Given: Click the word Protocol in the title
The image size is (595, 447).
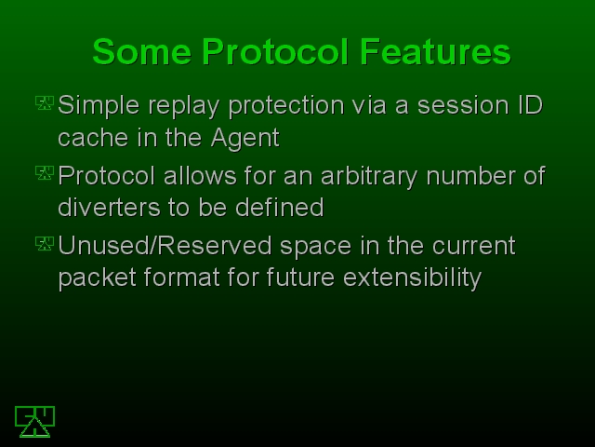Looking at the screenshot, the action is [x=275, y=52].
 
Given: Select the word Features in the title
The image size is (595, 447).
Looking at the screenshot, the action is [x=435, y=52].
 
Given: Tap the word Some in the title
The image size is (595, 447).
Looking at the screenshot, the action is [x=141, y=52].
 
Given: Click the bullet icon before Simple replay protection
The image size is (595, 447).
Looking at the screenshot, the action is [x=45, y=103].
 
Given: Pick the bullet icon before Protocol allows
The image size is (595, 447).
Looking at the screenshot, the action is [x=45, y=173].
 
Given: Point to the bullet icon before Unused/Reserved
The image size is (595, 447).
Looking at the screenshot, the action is [x=45, y=244].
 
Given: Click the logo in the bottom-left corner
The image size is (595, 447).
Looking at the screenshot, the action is [x=35, y=422].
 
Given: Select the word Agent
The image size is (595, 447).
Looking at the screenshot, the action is [x=245, y=138].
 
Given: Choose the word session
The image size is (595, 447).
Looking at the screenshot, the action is [x=463, y=105].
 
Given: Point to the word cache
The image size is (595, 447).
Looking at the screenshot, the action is [x=93, y=137].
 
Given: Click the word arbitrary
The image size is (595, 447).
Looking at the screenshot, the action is [x=369, y=177].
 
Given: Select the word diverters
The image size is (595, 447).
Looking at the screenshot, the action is [x=109, y=207].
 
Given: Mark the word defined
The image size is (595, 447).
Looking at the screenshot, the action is [x=279, y=207].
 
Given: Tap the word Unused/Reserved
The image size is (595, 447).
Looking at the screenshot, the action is [x=165, y=246].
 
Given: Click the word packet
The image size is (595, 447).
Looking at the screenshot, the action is [x=97, y=278].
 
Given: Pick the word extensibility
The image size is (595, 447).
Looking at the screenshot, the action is [x=413, y=278].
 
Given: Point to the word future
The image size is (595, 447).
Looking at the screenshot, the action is [x=300, y=278].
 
